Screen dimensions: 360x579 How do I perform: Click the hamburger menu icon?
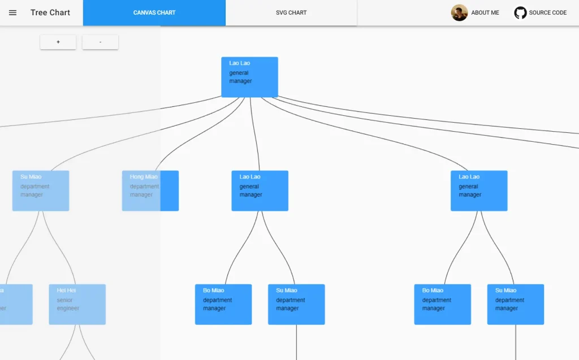click(x=12, y=12)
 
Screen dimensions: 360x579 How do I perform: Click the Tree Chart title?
click(x=50, y=12)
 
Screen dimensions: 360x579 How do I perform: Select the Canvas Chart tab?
click(x=154, y=12)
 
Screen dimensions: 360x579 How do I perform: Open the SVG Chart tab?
click(x=291, y=12)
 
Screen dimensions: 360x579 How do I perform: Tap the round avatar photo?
click(x=459, y=12)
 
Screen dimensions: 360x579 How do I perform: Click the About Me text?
click(x=485, y=12)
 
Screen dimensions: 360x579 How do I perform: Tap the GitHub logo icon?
click(x=520, y=12)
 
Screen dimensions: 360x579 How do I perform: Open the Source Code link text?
click(x=547, y=12)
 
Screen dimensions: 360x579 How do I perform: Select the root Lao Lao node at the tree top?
click(x=249, y=77)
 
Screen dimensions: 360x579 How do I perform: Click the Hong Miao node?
click(x=150, y=190)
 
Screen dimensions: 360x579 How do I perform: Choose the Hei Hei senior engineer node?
click(x=77, y=304)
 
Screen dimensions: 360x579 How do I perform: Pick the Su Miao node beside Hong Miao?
click(x=41, y=190)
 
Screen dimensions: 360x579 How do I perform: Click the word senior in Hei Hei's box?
click(x=65, y=300)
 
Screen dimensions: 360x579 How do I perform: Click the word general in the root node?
click(x=239, y=73)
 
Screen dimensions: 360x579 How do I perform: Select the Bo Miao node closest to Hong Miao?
click(x=223, y=304)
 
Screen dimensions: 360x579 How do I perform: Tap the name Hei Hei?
click(x=66, y=290)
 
